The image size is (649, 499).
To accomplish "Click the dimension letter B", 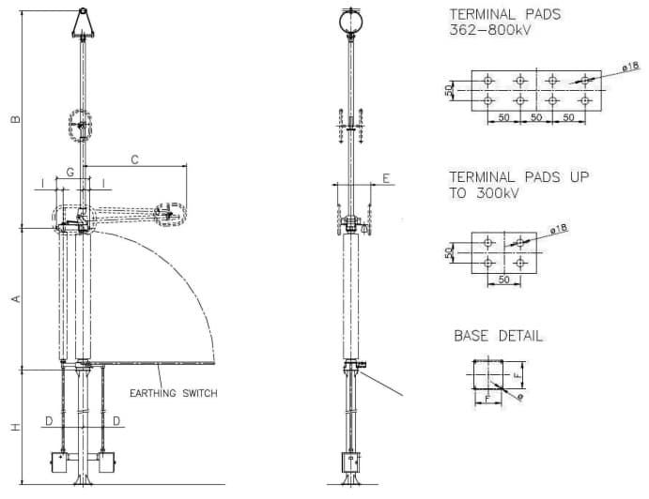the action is click(x=15, y=119).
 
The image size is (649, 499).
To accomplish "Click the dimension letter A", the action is click(x=16, y=298).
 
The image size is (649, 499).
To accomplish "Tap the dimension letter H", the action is click(x=16, y=427).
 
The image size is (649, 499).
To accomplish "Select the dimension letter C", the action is click(x=135, y=159).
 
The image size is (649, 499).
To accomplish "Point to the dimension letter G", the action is click(x=70, y=172).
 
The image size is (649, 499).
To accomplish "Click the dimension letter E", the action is click(x=386, y=178).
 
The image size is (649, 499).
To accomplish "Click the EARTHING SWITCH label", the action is click(x=174, y=393).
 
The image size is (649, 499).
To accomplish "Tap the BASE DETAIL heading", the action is click(x=499, y=336).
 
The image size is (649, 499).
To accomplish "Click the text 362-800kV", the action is click(x=490, y=30).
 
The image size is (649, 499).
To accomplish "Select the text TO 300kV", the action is click(x=485, y=193).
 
